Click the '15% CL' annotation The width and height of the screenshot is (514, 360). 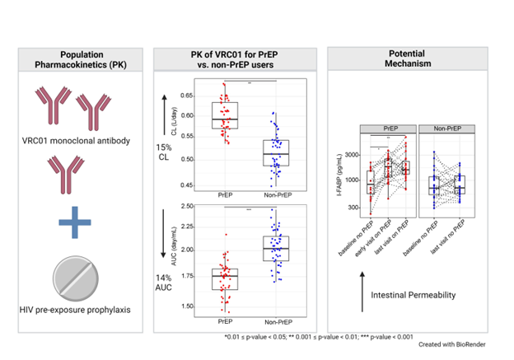166,152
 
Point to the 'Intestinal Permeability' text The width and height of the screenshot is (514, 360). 414,294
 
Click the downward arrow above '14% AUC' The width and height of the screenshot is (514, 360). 166,227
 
